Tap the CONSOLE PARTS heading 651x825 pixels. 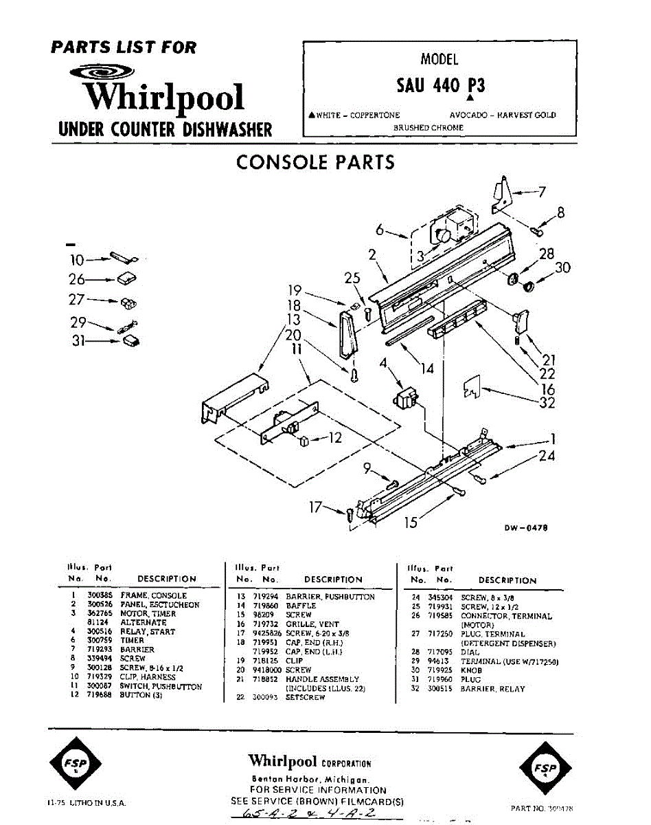point(315,162)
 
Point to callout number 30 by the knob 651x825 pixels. point(562,267)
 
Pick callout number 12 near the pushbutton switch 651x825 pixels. point(334,437)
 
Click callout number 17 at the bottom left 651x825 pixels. point(315,508)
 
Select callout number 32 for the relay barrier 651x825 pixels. point(546,404)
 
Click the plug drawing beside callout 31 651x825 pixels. point(130,340)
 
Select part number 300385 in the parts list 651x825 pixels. point(99,595)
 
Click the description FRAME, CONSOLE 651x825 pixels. point(153,595)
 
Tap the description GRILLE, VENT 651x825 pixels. point(312,624)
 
